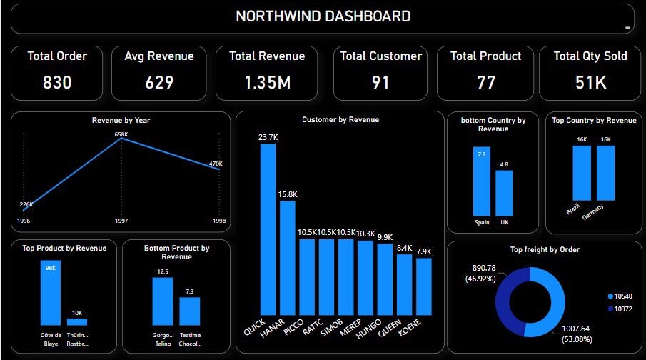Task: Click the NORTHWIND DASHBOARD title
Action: tap(323, 16)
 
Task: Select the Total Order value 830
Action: tap(57, 83)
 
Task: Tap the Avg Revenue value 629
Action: tap(159, 83)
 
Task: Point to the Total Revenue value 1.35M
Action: tap(267, 83)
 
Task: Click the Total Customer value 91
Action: tap(380, 83)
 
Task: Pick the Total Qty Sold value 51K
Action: tap(590, 83)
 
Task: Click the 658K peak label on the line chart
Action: tap(121, 134)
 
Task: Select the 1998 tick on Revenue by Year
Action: tap(220, 221)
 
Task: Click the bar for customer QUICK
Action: tap(268, 229)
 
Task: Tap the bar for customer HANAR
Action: tap(288, 257)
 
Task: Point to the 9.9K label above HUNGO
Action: tap(385, 237)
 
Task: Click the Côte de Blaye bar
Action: tap(50, 293)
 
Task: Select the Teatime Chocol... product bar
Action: tap(189, 311)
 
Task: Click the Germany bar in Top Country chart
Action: tap(606, 173)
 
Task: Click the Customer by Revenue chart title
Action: tap(340, 120)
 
